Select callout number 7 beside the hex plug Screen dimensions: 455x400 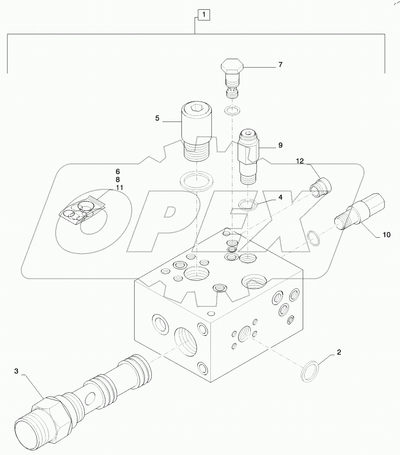tap(281, 65)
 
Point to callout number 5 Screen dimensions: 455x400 tap(157, 118)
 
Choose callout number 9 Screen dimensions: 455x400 tap(280, 145)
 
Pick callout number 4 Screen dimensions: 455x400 tap(280, 198)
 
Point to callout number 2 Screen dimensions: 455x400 tap(338, 352)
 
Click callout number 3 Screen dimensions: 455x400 tap(16, 371)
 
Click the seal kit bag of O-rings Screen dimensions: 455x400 tap(83, 210)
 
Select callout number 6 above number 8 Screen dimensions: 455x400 tap(117, 171)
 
